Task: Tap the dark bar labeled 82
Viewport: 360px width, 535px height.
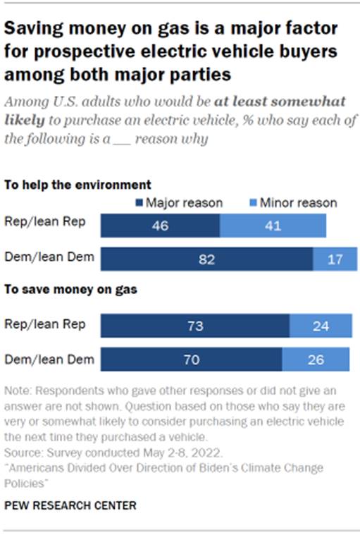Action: point(206,259)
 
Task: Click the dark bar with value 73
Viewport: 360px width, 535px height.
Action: point(195,326)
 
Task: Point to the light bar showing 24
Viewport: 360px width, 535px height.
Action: point(319,326)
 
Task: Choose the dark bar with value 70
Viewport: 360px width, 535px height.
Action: point(191,359)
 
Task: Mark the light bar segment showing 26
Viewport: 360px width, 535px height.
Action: point(316,359)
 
